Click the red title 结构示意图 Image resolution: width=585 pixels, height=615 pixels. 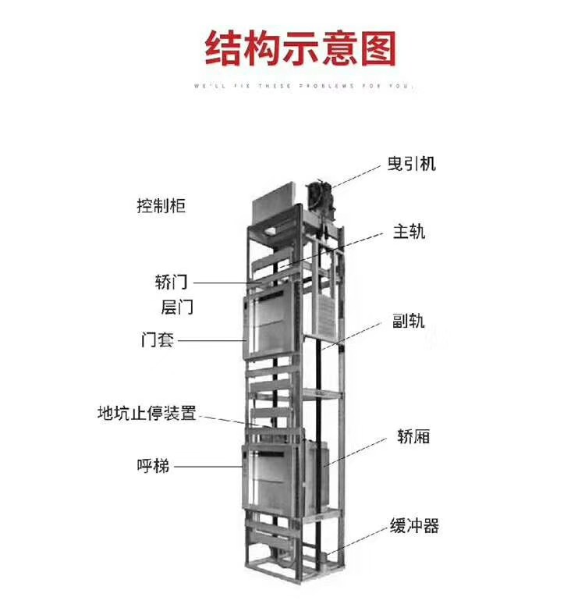pyautogui.click(x=300, y=48)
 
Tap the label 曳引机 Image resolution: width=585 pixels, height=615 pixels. pyautogui.click(x=411, y=164)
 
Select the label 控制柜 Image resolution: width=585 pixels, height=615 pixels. pyautogui.click(x=161, y=207)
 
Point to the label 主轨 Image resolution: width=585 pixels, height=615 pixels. pyautogui.click(x=409, y=232)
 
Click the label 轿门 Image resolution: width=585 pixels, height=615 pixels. pyautogui.click(x=171, y=281)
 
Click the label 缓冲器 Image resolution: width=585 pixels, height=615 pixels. pyautogui.click(x=414, y=526)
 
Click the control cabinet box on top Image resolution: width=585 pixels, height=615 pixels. pyautogui.click(x=272, y=204)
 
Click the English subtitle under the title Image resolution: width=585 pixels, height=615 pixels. pyautogui.click(x=302, y=86)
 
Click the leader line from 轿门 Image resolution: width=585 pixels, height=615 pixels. pyautogui.click(x=226, y=283)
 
